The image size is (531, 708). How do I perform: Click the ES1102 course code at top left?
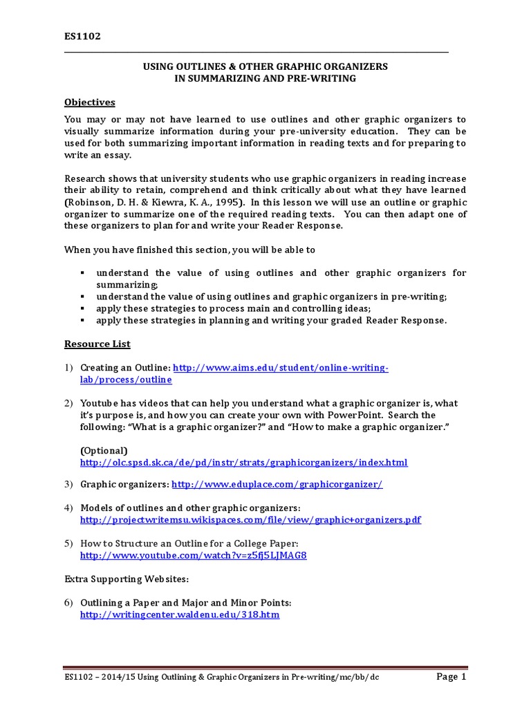(82, 36)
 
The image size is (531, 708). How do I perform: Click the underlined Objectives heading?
(89, 102)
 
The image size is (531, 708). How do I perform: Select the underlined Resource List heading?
(97, 344)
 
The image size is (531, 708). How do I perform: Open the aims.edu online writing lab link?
(280, 368)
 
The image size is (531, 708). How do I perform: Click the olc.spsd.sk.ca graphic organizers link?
(243, 462)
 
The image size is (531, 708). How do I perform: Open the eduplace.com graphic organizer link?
(277, 485)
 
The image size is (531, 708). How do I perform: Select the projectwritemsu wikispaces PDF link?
(250, 519)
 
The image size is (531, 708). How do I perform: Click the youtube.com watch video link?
(193, 555)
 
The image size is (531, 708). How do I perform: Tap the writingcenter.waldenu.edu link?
(180, 614)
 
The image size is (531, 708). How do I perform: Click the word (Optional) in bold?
(104, 450)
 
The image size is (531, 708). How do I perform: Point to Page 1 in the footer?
(451, 677)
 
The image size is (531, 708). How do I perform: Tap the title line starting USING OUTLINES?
(265, 66)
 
